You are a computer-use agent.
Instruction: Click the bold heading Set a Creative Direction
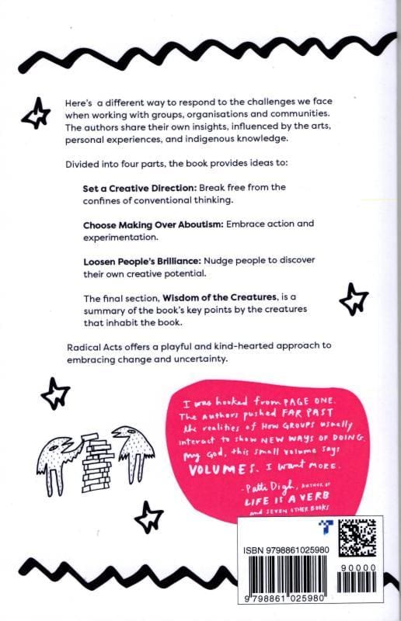140,188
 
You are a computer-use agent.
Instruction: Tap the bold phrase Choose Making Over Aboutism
154,225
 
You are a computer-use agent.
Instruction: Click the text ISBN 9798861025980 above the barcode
285,550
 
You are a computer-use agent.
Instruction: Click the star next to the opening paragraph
36,113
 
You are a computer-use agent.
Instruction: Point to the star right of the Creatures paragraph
354,299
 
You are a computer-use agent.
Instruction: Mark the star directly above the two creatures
55,393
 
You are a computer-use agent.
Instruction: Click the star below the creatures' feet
148,517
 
